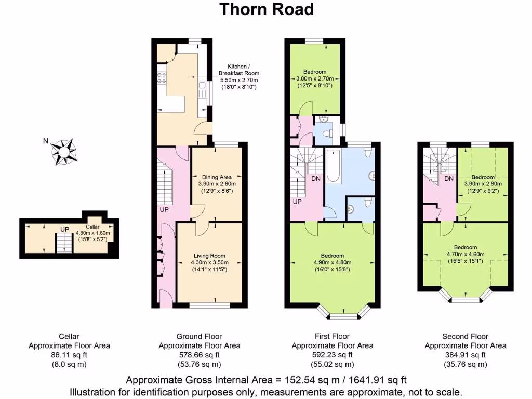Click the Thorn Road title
coord(266,9)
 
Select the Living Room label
coord(209,256)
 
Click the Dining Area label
coord(217,177)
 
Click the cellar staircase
coord(64,243)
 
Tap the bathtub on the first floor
coord(334,166)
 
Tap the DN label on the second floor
coord(449,179)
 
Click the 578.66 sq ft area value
coord(199,355)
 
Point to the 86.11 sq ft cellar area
coord(69,355)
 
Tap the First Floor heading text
coord(332,337)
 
